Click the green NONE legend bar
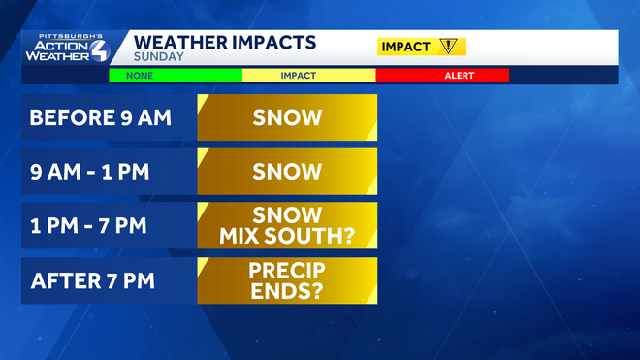175,75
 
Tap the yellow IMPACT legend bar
308,75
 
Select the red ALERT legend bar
442,75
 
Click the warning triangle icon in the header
447,46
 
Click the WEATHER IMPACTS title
224,42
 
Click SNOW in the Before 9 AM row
287,118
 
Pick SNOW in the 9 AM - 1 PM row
287,173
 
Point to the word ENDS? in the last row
287,291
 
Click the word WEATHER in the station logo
57,55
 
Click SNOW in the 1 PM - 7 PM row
287,215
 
